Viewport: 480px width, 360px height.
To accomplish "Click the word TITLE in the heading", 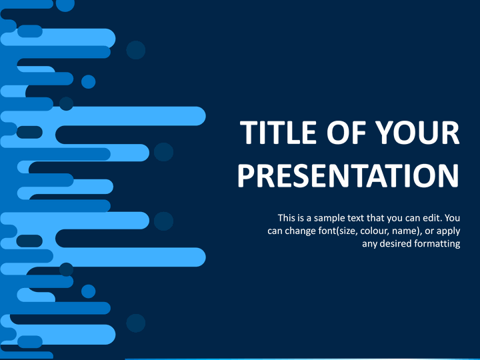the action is pyautogui.click(x=278, y=132).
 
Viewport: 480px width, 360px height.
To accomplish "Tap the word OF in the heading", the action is pyautogui.click(x=347, y=132).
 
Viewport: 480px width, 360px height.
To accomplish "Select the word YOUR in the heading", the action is pyautogui.click(x=417, y=132).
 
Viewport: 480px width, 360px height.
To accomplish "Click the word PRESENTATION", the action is pyautogui.click(x=349, y=175).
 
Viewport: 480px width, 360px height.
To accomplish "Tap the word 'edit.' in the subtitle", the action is pyautogui.click(x=432, y=218).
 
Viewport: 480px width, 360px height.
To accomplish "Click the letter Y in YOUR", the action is pyautogui.click(x=385, y=132).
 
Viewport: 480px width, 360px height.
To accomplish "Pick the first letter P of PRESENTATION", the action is pyautogui.click(x=245, y=175).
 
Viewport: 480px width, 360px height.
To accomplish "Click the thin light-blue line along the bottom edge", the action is pyautogui.click(x=303, y=359).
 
